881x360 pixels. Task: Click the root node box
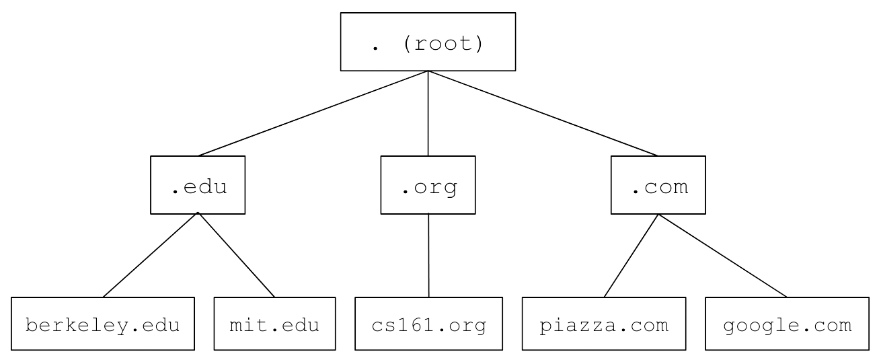coord(428,42)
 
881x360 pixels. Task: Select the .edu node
coord(198,185)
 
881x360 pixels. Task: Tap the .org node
coord(428,185)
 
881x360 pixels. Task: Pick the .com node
coord(658,185)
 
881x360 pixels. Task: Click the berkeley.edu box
coord(103,324)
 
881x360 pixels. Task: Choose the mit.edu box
coord(274,324)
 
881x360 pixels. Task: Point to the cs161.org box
coord(428,324)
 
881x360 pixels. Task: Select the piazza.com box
coord(603,324)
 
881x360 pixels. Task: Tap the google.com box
coord(787,324)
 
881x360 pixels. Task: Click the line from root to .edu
coord(313,114)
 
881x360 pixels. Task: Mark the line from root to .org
coord(428,114)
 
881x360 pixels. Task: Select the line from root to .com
coord(543,114)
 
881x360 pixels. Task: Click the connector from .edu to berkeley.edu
coord(151,255)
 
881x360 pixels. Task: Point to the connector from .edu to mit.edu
coord(236,255)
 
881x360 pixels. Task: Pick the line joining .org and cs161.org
coord(428,256)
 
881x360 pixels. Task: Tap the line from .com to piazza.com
coord(631,255)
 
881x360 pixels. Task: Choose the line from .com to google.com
coord(723,255)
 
